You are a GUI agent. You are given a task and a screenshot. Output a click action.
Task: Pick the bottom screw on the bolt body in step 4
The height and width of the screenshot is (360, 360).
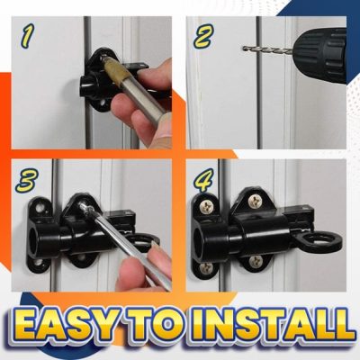coord(256,262)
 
